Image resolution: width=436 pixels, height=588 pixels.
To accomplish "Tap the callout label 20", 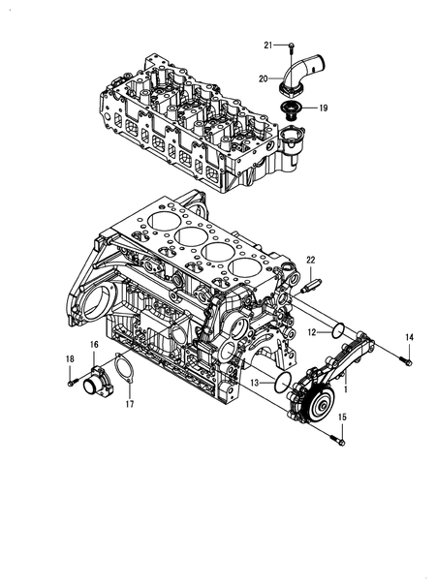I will pyautogui.click(x=264, y=78).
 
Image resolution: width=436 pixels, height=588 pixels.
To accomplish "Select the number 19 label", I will pyautogui.click(x=323, y=108).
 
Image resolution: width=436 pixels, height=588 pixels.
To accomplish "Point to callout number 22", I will pyautogui.click(x=311, y=261).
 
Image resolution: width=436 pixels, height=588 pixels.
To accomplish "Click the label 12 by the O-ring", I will pyautogui.click(x=313, y=332).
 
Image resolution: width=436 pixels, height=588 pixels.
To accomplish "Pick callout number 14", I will pyautogui.click(x=408, y=337).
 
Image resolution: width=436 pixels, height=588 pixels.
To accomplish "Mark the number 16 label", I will pyautogui.click(x=94, y=345).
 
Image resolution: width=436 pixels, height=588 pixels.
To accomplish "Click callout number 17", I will pyautogui.click(x=129, y=405).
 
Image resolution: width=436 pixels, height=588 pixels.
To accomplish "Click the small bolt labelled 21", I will pyautogui.click(x=291, y=46).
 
